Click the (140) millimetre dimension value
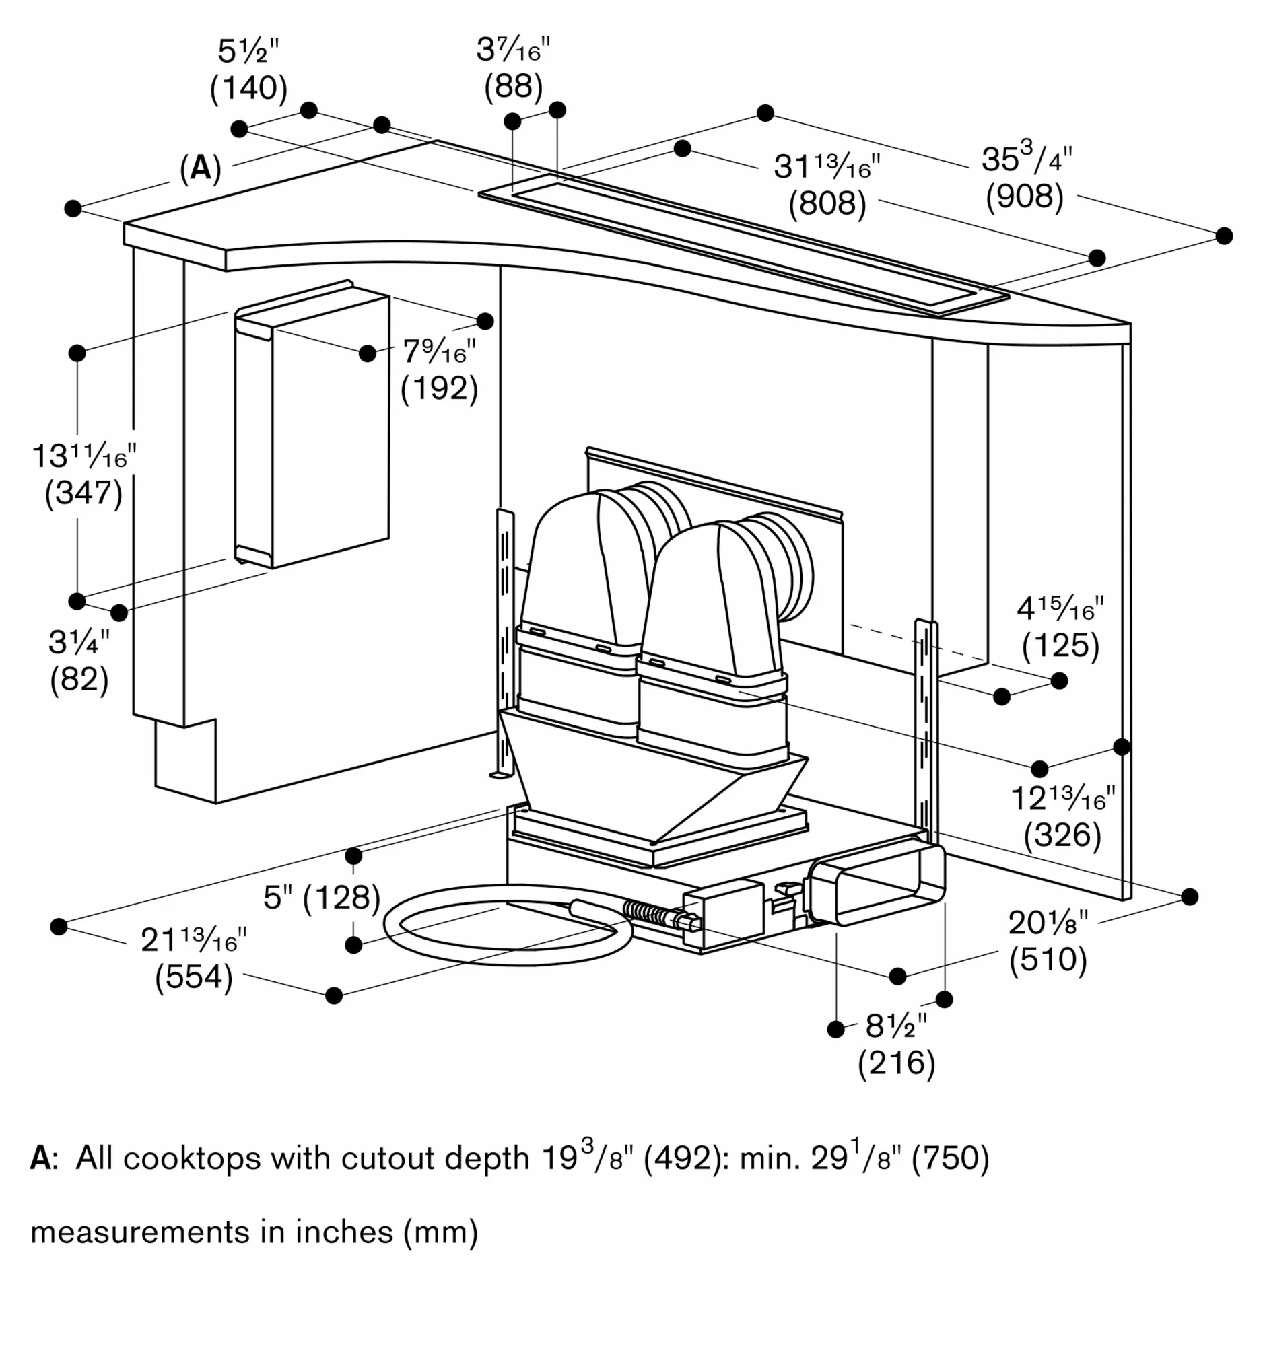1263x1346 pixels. point(248,89)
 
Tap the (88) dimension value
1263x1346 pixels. point(513,87)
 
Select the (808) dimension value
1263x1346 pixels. point(827,204)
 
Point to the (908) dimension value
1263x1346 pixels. point(1024,197)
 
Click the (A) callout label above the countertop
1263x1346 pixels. point(201,168)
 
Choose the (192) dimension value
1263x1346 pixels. point(439,388)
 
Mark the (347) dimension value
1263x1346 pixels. point(83,493)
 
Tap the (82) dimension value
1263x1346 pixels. point(79,679)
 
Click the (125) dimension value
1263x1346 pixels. point(1060,645)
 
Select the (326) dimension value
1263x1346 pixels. point(1062,835)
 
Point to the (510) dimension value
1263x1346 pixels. point(1048,960)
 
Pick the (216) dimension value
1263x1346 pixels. point(896,1063)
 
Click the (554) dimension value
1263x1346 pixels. point(194,977)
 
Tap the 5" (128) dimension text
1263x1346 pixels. point(322,898)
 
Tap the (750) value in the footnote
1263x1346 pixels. point(950,1158)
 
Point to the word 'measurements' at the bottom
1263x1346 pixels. point(139,1232)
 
